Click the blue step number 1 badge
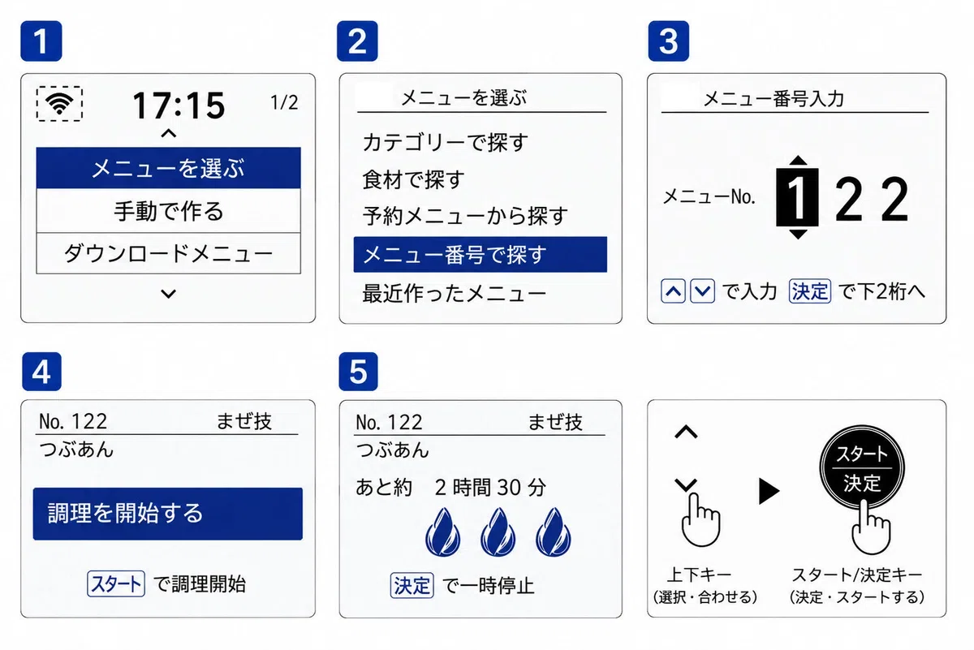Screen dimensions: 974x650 click(x=41, y=41)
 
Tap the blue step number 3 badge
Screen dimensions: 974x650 click(x=668, y=41)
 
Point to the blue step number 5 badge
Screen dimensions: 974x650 click(x=358, y=372)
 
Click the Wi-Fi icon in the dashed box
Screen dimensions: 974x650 click(x=59, y=104)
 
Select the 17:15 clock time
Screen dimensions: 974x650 click(x=179, y=105)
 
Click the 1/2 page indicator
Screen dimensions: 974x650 click(x=284, y=103)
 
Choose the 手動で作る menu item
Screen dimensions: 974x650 click(x=169, y=211)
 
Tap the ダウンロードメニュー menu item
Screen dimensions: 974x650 click(x=169, y=253)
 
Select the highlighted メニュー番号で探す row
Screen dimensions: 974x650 click(x=480, y=254)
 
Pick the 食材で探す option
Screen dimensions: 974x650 click(x=413, y=179)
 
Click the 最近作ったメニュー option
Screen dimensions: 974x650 click(x=454, y=293)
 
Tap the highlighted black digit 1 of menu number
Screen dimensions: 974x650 click(x=797, y=198)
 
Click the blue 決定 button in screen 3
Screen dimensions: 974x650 click(x=810, y=291)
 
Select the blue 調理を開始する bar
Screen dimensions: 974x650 click(x=168, y=514)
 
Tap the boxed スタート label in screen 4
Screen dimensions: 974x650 click(x=115, y=583)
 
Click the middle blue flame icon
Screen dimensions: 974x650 click(x=498, y=532)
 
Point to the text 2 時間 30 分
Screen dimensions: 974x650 click(x=490, y=488)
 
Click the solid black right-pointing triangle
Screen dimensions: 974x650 click(x=769, y=491)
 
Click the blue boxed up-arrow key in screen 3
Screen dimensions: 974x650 click(x=673, y=291)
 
